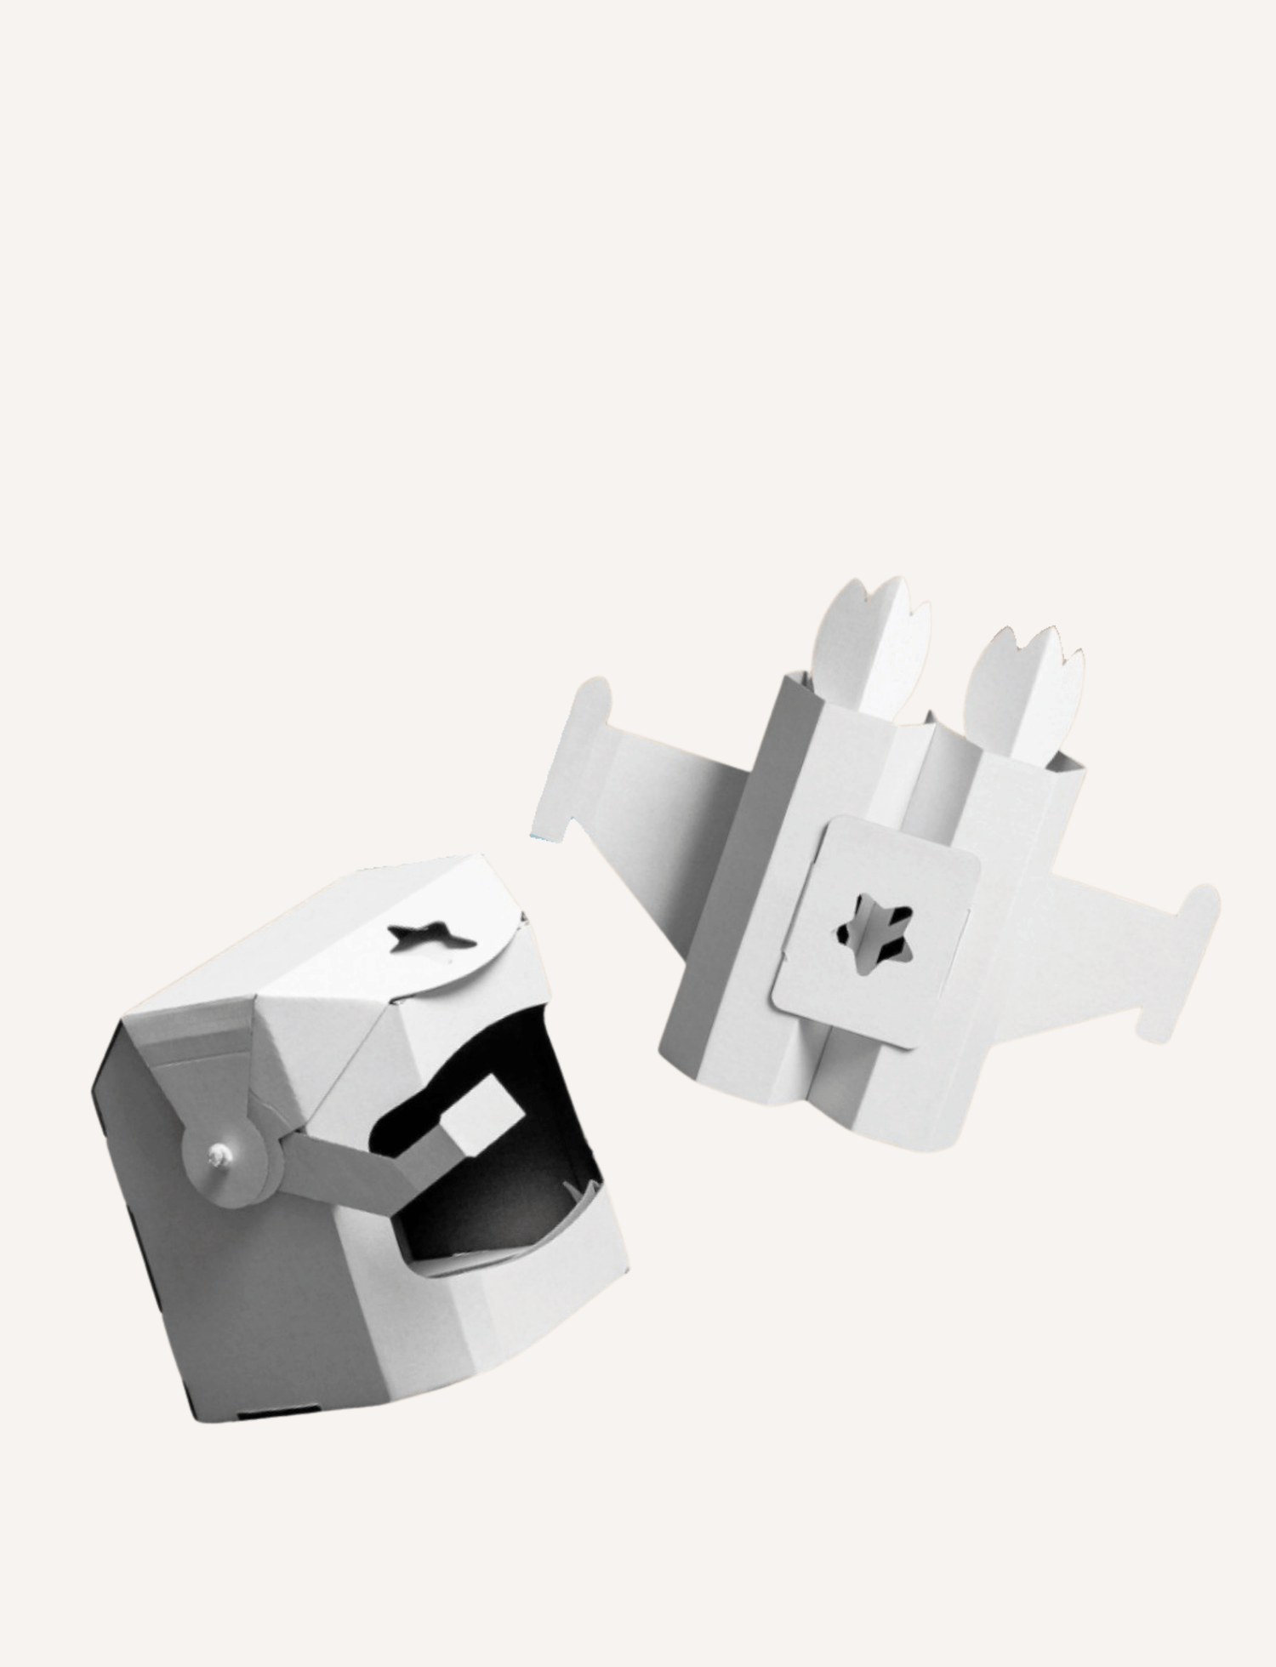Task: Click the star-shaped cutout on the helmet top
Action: coord(430,937)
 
